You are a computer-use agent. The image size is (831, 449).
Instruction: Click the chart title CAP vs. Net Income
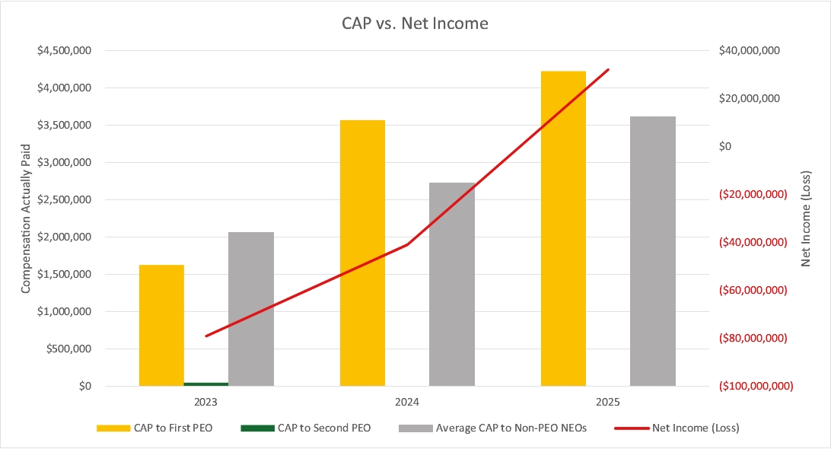(415, 24)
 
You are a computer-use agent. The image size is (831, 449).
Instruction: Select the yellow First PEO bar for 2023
(161, 325)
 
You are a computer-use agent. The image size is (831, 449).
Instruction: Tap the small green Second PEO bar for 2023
(206, 384)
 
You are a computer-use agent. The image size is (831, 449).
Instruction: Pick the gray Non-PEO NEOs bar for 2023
(251, 308)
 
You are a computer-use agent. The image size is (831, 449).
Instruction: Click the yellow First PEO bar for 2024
(362, 253)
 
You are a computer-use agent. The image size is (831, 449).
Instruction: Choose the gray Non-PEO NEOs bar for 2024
(452, 284)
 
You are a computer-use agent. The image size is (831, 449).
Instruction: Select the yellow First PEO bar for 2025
(563, 228)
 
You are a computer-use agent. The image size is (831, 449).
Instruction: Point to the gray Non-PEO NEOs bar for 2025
(653, 251)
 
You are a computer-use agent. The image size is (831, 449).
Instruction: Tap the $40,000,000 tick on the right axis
(749, 51)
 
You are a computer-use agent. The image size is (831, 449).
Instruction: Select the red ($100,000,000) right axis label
(755, 386)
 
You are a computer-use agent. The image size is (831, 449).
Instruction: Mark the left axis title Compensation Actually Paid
(25, 218)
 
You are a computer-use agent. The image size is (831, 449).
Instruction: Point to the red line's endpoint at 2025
(609, 70)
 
